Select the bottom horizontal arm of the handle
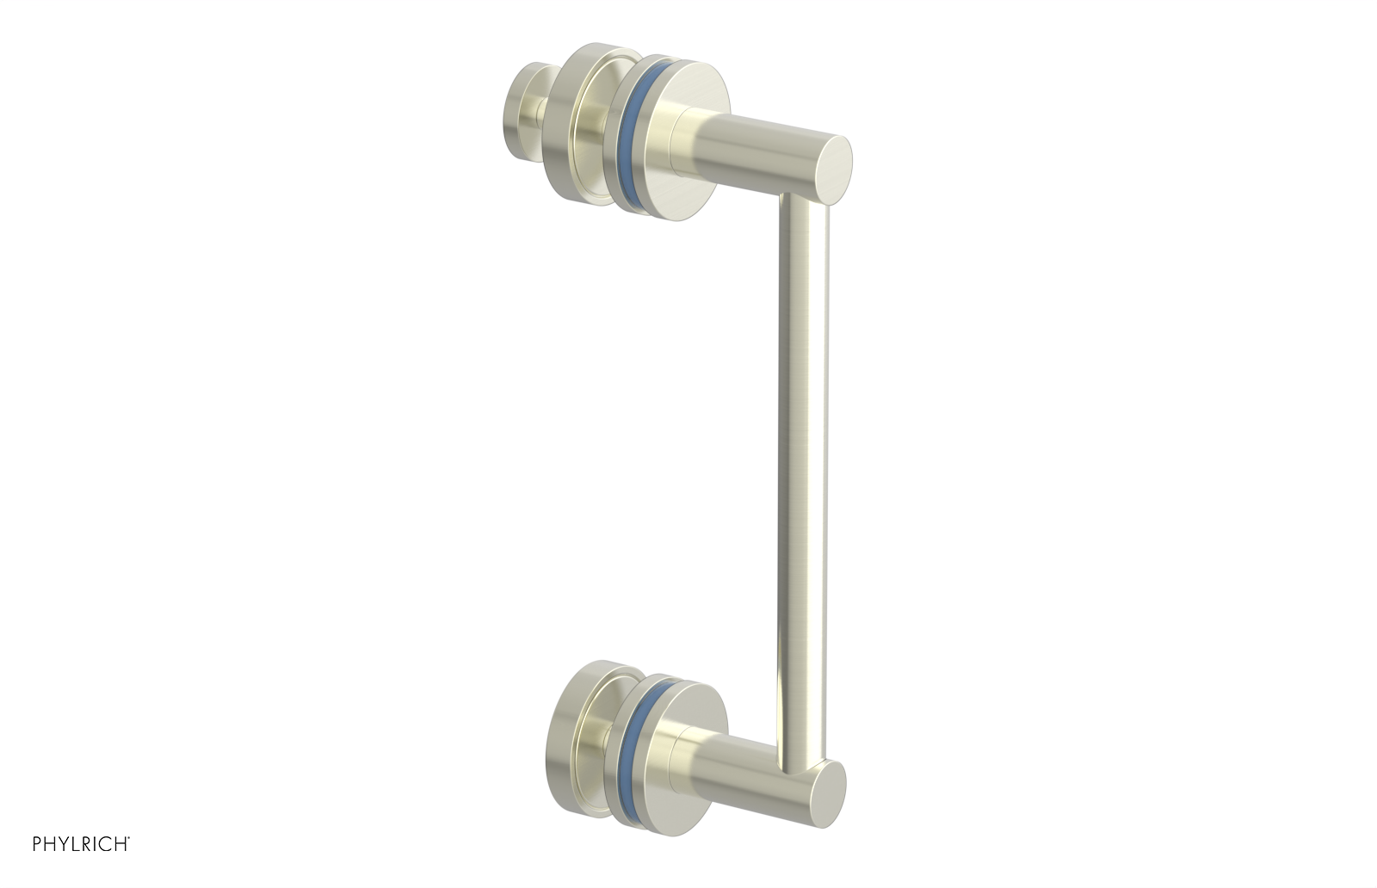coord(757,779)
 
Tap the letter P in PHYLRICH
coord(39,844)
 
